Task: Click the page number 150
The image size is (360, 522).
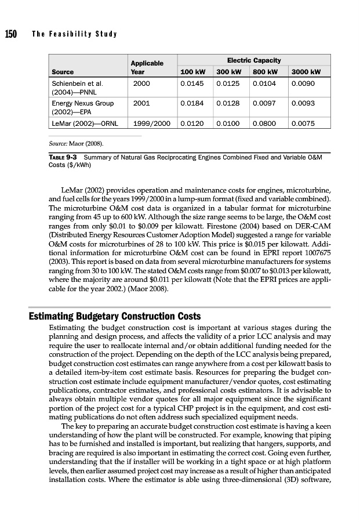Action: pyautogui.click(x=10, y=34)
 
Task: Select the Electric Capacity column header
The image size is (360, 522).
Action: pyautogui.click(x=254, y=60)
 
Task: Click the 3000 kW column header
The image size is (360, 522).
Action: pyautogui.click(x=307, y=72)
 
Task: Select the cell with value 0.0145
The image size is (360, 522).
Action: pyautogui.click(x=192, y=84)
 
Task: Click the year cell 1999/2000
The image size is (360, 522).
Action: pyautogui.click(x=151, y=124)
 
